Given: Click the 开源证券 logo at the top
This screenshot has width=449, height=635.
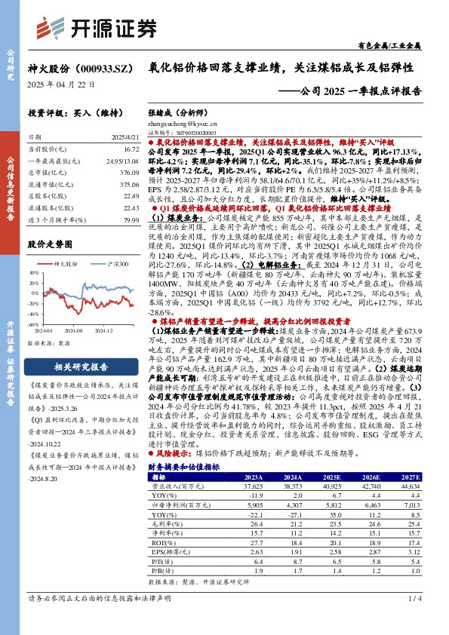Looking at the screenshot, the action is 106,27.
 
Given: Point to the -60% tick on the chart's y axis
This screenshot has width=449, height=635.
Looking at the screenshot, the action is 35,326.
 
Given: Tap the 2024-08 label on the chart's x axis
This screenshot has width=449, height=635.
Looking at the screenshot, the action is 73,331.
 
